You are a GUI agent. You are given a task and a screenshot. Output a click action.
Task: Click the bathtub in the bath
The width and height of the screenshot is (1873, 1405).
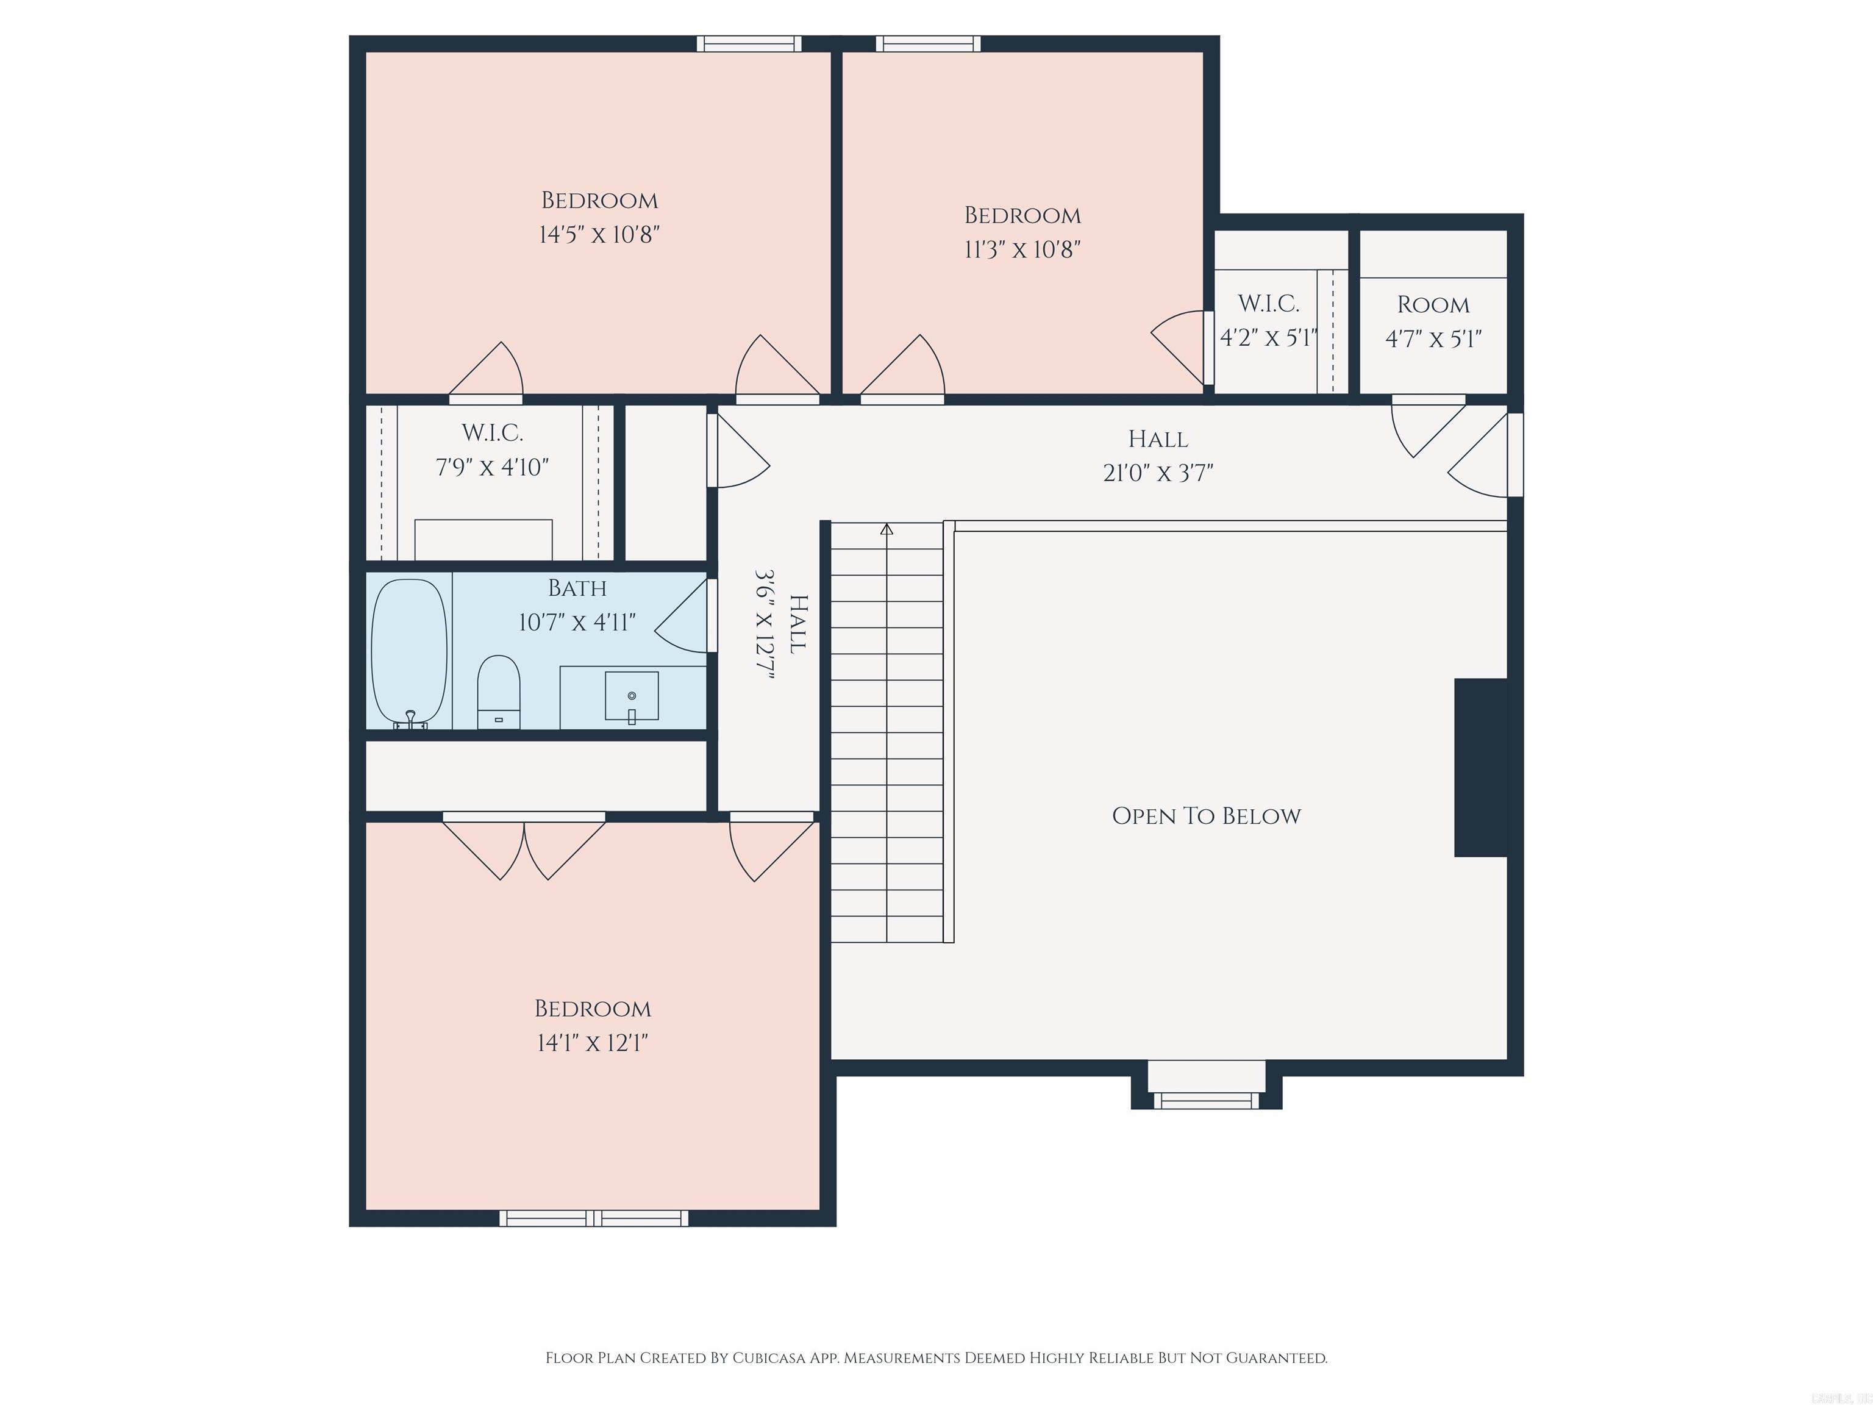[409, 651]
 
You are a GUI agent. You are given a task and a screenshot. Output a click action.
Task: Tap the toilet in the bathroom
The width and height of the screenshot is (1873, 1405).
[498, 690]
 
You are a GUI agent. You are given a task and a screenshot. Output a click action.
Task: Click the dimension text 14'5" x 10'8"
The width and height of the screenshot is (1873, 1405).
[599, 235]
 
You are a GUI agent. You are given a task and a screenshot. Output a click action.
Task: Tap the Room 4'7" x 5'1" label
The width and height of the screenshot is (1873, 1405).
[1433, 322]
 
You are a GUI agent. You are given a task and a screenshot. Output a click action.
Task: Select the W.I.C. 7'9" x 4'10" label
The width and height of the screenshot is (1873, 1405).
[492, 449]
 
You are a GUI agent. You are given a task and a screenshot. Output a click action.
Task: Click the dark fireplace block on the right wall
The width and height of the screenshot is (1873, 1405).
[1481, 767]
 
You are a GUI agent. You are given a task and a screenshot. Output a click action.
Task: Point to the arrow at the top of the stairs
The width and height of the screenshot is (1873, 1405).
[887, 529]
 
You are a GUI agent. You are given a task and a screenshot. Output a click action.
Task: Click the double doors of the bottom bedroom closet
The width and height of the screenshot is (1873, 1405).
[524, 847]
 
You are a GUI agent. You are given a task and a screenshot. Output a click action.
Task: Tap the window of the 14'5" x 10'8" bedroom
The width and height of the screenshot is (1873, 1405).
[749, 44]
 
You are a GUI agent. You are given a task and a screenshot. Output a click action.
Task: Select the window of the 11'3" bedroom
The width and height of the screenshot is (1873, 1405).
[928, 44]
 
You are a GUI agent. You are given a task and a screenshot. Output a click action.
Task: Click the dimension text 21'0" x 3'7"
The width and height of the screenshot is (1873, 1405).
[1157, 473]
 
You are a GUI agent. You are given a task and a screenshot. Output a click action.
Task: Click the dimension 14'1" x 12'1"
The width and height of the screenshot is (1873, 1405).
[592, 1043]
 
